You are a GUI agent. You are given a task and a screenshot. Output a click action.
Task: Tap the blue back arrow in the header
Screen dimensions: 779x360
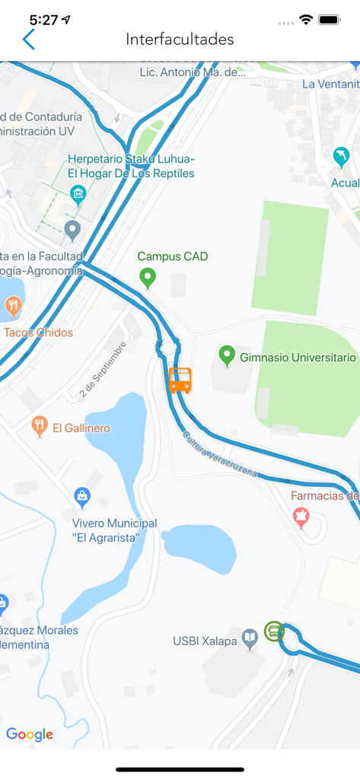[x=29, y=40]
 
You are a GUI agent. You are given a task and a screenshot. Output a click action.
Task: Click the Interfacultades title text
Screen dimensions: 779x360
[x=180, y=40]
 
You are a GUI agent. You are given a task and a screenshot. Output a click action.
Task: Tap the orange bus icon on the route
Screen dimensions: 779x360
[x=180, y=380]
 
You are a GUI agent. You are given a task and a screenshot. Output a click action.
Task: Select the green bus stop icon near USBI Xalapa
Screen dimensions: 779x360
[x=274, y=631]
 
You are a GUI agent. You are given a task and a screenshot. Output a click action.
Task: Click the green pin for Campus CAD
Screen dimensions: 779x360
[x=148, y=278]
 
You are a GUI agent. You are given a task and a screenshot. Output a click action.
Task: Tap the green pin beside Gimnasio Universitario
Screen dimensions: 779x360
[x=226, y=355]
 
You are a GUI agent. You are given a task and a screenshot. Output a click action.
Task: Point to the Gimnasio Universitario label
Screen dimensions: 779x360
[x=298, y=357]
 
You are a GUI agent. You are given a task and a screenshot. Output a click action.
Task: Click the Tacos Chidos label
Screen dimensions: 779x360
[x=38, y=332]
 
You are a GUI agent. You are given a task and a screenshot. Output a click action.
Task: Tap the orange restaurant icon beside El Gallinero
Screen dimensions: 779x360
[x=40, y=426]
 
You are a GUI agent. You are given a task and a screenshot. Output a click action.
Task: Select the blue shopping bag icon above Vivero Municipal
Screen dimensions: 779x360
[x=82, y=498]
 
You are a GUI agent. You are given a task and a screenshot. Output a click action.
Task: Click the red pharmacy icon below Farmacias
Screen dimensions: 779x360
[x=301, y=518]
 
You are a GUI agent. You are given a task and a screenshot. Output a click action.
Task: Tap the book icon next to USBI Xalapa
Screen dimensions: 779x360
[x=250, y=639]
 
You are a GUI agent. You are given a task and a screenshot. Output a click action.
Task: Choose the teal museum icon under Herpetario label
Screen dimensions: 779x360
[x=78, y=195]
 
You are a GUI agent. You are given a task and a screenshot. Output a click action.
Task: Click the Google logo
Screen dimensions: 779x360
[x=30, y=734]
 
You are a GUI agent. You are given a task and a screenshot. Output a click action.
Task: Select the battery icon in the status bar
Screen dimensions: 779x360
[x=330, y=20]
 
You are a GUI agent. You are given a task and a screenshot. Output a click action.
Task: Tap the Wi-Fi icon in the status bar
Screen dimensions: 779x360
[x=306, y=20]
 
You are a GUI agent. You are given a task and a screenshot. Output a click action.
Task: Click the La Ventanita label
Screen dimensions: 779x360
[x=330, y=84]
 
